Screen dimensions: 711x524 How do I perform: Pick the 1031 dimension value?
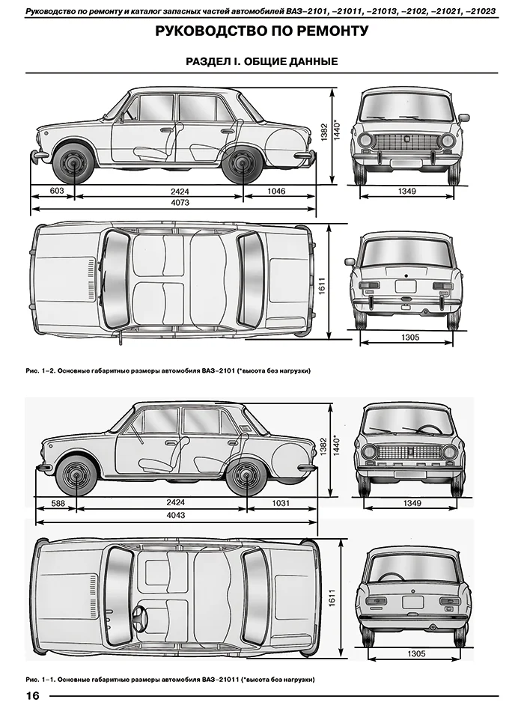click(281, 504)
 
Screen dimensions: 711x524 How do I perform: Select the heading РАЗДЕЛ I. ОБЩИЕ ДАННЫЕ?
click(262, 61)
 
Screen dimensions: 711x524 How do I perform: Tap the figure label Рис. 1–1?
click(39, 680)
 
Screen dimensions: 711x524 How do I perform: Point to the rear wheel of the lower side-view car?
click(247, 476)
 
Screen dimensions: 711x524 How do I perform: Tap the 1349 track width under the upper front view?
click(408, 192)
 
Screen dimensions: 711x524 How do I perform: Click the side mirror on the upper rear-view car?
click(350, 262)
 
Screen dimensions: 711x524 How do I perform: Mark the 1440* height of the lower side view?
click(338, 445)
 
